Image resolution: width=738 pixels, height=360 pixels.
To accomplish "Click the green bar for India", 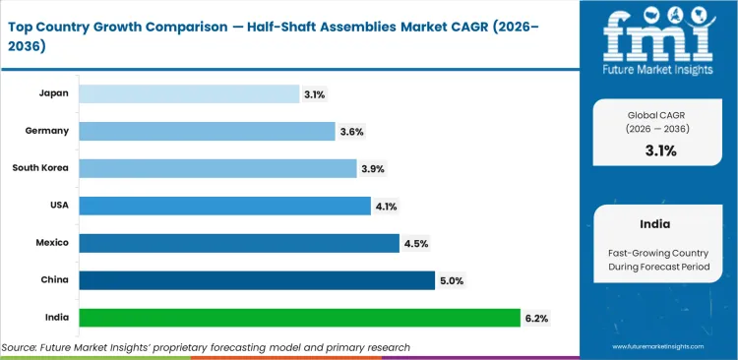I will coord(299,318).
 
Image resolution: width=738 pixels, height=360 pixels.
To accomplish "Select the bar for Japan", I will coord(188,93).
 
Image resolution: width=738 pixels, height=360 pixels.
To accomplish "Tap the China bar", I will coord(256,280).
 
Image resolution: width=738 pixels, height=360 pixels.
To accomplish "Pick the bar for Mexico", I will coord(239,243).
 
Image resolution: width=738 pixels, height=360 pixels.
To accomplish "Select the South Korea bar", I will coord(217,168).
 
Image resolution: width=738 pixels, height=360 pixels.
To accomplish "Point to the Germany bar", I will coord(207,131).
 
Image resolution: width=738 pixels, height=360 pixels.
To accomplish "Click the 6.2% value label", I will coord(537,318).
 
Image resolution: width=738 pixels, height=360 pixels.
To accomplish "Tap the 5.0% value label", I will coord(453,280).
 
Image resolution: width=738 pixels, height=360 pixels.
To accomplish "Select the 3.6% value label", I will coord(353,131).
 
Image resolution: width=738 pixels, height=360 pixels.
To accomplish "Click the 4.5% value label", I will coord(415,243).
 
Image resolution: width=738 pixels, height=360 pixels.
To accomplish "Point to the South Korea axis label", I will coord(39,168).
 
